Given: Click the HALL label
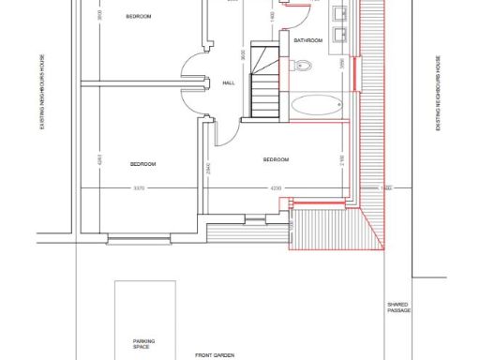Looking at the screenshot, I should coord(229,83).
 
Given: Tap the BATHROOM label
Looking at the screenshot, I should coord(308,41).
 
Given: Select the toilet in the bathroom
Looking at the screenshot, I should coord(301,65).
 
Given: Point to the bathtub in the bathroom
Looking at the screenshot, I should coord(318,105).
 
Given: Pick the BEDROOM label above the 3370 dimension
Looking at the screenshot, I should coord(142,164).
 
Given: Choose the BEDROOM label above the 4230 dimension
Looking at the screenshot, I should coord(277,160).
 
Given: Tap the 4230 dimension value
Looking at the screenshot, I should coord(276,188).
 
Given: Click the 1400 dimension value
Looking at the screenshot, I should coord(272,16).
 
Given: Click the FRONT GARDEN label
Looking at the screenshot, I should coord(215,355).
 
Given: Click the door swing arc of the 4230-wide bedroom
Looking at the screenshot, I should coord(229,134).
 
